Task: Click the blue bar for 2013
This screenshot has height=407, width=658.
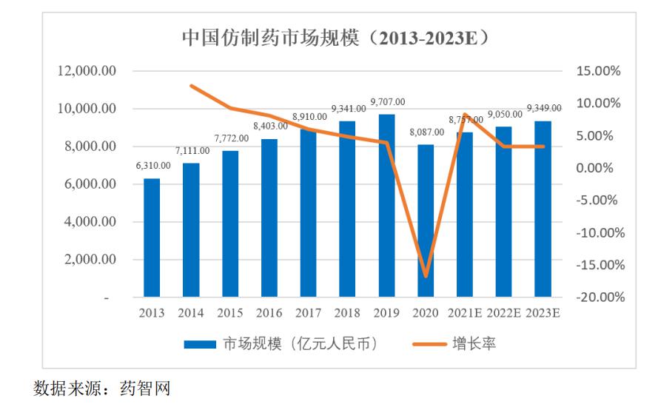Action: [x=152, y=238]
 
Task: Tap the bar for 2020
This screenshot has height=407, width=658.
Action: [x=426, y=221]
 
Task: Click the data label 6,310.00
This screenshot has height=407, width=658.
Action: [x=152, y=165]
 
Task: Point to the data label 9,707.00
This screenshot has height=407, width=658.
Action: [x=387, y=101]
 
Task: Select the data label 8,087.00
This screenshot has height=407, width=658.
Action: [x=426, y=132]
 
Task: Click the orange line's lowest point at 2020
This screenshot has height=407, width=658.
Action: [x=426, y=276]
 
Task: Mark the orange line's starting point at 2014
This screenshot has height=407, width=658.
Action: [x=192, y=86]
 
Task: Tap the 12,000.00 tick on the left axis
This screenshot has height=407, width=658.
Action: [x=87, y=71]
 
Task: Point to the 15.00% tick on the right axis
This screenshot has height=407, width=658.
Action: [x=597, y=71]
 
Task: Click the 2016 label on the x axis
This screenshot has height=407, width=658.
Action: [x=269, y=313]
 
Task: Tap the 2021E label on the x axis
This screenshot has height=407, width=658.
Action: [x=465, y=313]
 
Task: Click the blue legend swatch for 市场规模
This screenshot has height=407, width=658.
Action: [x=199, y=344]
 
